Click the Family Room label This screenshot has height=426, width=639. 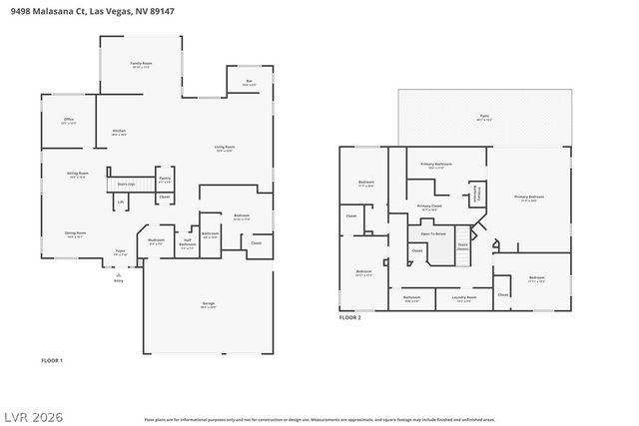point(141,63)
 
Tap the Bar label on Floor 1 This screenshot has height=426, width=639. point(248,83)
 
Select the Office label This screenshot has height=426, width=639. point(69,120)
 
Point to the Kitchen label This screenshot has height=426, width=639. point(119,131)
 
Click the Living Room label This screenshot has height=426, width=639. point(224,148)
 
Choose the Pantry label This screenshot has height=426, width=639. point(165,180)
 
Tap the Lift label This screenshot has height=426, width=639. point(121,202)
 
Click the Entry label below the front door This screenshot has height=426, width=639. point(119,281)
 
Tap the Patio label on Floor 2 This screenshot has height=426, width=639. point(483,117)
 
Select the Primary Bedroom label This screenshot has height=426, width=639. point(529,198)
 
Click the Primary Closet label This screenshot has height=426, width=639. point(429,207)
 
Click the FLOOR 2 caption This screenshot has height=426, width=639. point(350,317)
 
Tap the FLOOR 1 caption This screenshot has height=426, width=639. point(52,359)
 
